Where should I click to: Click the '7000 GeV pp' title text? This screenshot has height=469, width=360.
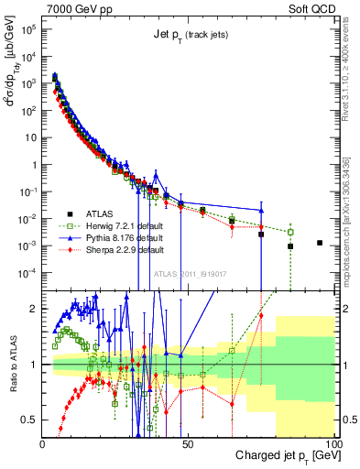(78, 8)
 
